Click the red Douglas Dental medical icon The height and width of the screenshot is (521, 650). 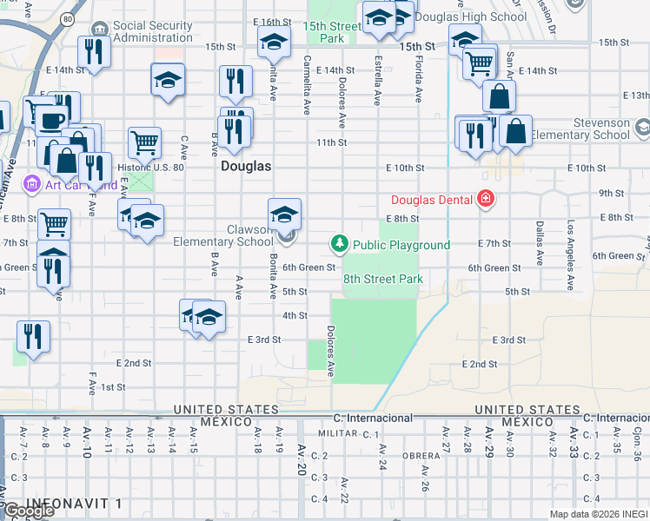pos(485,201)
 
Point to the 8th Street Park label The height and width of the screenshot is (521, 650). pos(382,279)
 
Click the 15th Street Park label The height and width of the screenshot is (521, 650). pos(332,32)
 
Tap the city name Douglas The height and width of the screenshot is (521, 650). pos(246,165)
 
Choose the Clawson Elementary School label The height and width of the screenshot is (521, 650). pos(223,235)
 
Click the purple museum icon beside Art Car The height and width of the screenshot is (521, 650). pos(33,183)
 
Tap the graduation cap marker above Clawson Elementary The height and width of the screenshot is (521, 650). pos(285,213)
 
